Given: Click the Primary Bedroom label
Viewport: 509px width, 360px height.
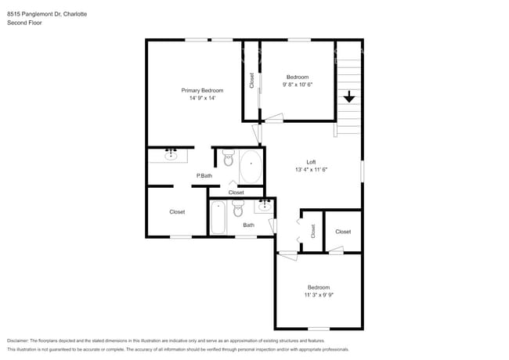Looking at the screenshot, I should tap(202, 91).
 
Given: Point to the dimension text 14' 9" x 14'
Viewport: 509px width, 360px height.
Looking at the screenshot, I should tap(202, 99).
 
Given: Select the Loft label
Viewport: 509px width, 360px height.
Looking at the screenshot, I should tap(311, 162).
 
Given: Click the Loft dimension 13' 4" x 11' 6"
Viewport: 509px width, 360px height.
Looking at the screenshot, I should tap(311, 170).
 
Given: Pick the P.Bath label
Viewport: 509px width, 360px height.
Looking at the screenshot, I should tap(204, 176).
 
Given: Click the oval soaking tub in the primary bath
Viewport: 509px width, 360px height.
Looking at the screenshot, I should tap(251, 167).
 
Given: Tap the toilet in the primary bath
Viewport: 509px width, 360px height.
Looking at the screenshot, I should tap(229, 160).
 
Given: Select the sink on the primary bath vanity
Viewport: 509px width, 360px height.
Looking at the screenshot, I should tap(171, 155).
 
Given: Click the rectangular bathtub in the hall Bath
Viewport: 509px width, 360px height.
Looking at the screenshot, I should tap(218, 218).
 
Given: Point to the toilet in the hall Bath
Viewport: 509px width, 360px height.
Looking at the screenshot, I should tap(239, 210).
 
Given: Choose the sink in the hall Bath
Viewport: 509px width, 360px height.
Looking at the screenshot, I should tap(264, 206).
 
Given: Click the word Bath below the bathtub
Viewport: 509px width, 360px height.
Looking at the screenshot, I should tap(248, 225).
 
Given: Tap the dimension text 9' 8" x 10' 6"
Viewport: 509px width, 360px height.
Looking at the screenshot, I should tap(298, 85).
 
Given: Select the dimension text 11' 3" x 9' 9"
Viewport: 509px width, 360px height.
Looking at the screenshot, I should tap(318, 295).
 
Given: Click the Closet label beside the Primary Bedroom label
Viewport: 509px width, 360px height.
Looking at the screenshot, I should tap(252, 80).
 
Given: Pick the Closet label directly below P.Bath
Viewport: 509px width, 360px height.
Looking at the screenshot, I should tap(236, 193).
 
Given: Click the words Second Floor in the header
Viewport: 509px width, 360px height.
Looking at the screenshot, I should tap(23, 23).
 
